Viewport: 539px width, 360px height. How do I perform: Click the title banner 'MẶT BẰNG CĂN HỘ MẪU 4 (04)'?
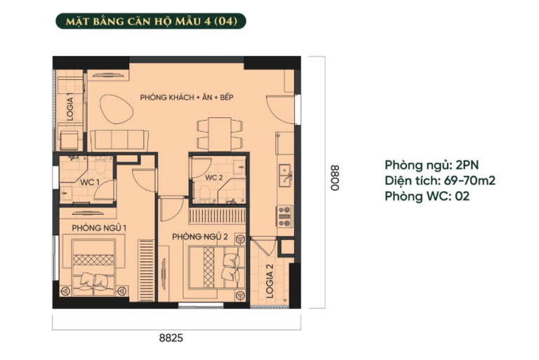(x=151, y=21)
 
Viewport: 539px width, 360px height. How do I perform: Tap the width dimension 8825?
(x=171, y=338)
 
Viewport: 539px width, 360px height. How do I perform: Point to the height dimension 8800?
(x=335, y=178)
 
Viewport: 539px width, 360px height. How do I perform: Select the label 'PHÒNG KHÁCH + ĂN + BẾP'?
(x=187, y=98)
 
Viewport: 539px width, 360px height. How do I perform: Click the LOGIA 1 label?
(x=70, y=109)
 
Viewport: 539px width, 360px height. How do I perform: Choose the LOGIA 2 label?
(x=269, y=281)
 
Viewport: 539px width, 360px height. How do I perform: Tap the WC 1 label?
(x=90, y=182)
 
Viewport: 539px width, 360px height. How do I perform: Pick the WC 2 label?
(x=214, y=178)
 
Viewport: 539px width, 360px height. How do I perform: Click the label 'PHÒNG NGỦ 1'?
(x=99, y=227)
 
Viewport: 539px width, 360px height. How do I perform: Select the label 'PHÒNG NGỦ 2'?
(x=200, y=236)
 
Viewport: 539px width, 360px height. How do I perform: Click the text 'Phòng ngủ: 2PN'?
(x=432, y=166)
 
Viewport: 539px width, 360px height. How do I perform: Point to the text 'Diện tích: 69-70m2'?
(x=440, y=180)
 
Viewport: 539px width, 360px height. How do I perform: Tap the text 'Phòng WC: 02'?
(x=427, y=196)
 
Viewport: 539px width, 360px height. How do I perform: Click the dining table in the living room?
(x=220, y=134)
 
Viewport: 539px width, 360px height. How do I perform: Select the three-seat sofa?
(x=119, y=140)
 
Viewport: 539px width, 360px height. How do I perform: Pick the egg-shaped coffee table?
(x=117, y=109)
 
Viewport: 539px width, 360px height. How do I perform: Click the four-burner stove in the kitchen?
(x=284, y=216)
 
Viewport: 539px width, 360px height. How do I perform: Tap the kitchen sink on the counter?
(x=285, y=175)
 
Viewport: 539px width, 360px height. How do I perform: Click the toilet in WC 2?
(x=205, y=193)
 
